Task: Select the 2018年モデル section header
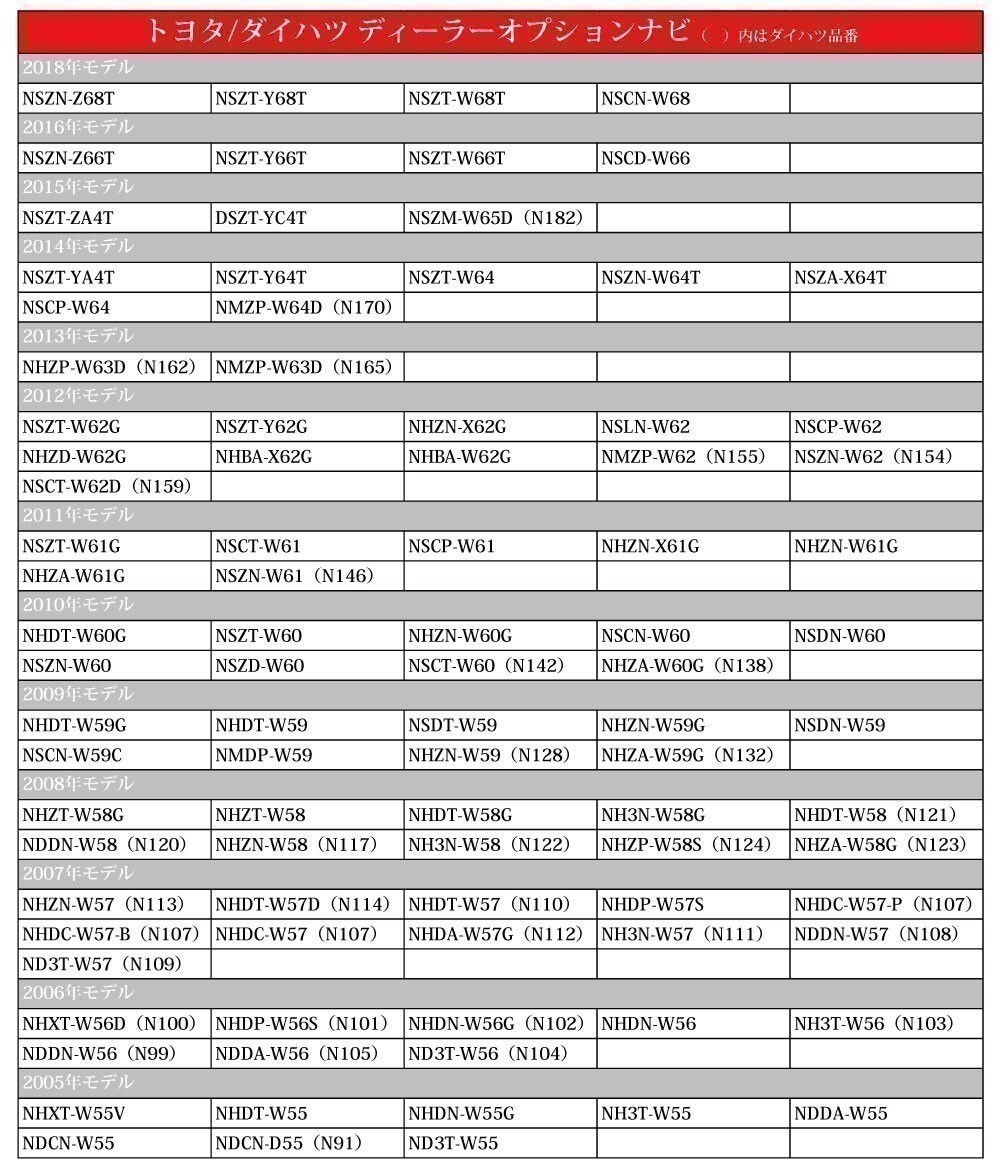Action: point(78,68)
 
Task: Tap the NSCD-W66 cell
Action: point(645,158)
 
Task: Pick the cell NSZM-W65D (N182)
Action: point(495,217)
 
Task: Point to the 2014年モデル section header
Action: point(78,246)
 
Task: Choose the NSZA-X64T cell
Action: point(840,277)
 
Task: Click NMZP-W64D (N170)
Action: point(303,307)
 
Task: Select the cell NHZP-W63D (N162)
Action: point(109,367)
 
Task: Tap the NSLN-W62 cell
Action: point(645,427)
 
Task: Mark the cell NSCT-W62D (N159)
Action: point(106,487)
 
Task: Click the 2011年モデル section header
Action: point(78,515)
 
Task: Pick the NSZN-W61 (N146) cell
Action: point(294,575)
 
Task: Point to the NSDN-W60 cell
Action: point(840,636)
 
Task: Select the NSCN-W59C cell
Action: point(72,755)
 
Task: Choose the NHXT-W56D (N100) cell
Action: point(109,1023)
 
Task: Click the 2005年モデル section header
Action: point(78,1082)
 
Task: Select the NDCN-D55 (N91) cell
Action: point(288,1143)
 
